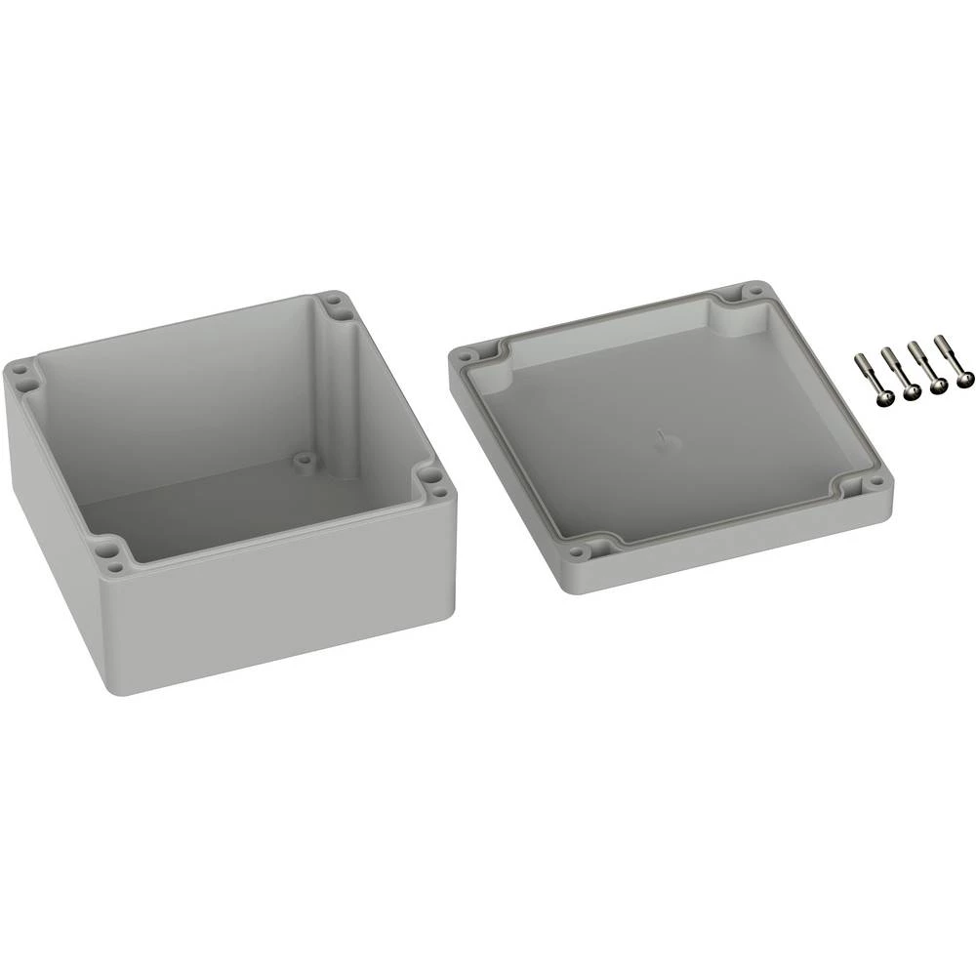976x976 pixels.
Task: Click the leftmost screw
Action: (x=869, y=377)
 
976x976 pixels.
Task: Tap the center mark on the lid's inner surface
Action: (x=664, y=439)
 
